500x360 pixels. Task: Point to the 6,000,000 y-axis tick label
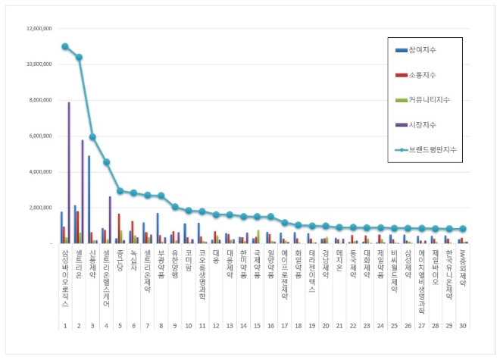[37, 136]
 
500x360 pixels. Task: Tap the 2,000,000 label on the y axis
[37, 207]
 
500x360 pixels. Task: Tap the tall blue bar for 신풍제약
[89, 199]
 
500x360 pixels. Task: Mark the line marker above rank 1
[65, 46]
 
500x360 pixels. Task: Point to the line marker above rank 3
[92, 137]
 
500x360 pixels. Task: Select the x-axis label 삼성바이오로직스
[65, 277]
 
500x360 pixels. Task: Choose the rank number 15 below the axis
[258, 325]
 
